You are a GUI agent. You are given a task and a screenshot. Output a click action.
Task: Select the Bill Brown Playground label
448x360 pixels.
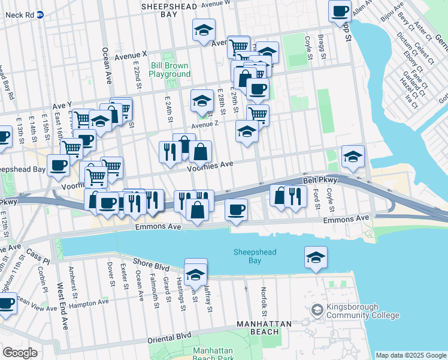(x=169, y=70)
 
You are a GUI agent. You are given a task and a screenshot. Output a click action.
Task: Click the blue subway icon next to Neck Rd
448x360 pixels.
(x=40, y=14)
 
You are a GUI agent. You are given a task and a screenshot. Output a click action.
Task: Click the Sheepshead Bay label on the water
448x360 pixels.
(x=255, y=256)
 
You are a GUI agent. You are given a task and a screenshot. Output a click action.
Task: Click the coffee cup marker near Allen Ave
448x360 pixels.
(x=340, y=10)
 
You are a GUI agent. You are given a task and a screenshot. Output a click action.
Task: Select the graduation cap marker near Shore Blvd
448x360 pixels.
(x=195, y=274)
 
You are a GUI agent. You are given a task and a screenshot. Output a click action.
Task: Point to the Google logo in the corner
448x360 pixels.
(x=20, y=353)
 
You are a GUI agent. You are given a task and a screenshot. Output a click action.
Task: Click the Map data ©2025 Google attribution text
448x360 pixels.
(x=410, y=355)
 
